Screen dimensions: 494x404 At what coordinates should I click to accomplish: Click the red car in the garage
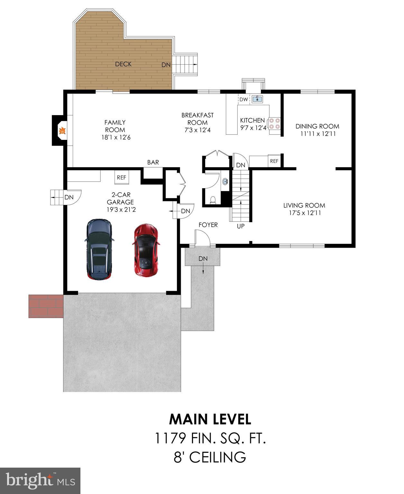coord(146,250)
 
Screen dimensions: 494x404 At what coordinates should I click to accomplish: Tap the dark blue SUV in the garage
coord(99,250)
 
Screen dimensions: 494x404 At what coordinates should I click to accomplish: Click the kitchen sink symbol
coord(257,99)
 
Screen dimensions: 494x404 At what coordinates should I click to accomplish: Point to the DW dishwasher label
coord(243,99)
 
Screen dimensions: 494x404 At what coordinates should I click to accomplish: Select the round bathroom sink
coord(225,182)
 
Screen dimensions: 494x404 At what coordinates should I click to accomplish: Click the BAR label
coord(153,162)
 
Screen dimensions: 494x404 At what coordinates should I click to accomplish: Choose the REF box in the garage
coord(122,177)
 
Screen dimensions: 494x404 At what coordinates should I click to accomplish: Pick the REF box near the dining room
coord(274,161)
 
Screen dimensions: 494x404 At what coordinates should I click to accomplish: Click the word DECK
coord(123,64)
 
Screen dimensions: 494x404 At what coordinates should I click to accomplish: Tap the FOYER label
coord(208,225)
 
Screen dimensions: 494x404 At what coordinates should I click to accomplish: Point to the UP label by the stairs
coord(241,226)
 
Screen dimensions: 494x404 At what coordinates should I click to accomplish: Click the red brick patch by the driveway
coord(46,306)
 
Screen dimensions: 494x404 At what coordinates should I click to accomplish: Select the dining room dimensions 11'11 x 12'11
coord(318,134)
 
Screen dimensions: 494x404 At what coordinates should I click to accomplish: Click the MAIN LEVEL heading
coord(210,419)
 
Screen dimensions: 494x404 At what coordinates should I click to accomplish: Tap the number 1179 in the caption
coord(170,438)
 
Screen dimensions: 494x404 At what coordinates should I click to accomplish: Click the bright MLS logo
coord(40,481)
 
